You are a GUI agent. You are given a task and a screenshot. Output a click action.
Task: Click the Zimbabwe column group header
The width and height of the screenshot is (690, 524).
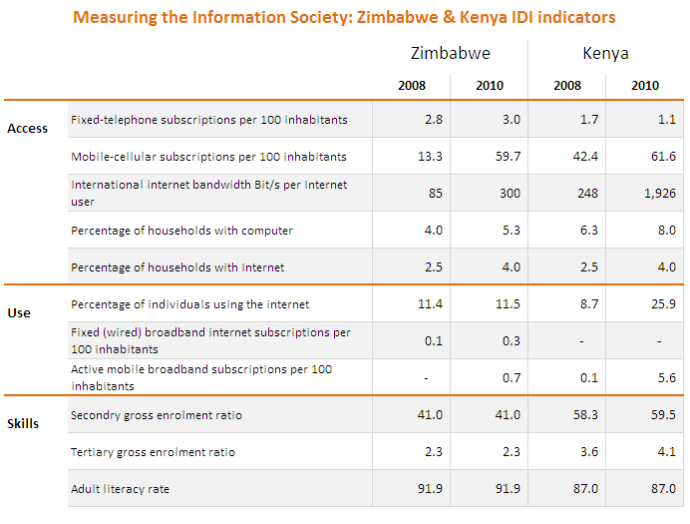[450, 53]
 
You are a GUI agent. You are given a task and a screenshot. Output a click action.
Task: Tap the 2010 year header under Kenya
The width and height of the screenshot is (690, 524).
[645, 86]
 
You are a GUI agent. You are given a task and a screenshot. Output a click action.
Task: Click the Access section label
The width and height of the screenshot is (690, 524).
[27, 129]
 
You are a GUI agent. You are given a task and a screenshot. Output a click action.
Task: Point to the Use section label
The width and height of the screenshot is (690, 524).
[19, 312]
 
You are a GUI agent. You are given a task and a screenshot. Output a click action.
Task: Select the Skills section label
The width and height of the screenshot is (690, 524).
[23, 423]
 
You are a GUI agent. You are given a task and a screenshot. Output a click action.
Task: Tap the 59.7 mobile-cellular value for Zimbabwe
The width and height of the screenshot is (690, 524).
[509, 157]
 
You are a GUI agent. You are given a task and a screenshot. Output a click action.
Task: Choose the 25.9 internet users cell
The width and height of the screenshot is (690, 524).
[663, 304]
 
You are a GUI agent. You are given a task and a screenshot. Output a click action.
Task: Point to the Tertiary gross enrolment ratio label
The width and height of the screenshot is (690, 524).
[153, 452]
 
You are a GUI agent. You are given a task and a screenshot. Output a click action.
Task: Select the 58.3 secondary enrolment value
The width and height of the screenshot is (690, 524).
[585, 414]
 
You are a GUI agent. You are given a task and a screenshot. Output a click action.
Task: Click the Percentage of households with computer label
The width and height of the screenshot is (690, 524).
[181, 231]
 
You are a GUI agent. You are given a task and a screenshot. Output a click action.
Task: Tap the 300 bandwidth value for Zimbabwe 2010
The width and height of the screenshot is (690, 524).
[510, 194]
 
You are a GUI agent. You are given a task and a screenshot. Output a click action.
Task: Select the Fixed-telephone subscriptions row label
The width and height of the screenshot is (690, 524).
[209, 120]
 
